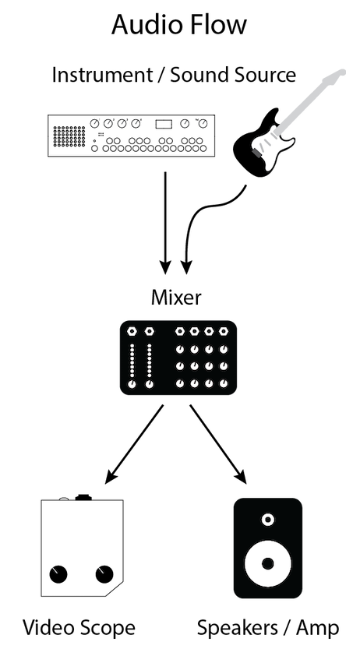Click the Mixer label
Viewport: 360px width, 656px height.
point(178,297)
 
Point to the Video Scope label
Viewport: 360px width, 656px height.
point(79,628)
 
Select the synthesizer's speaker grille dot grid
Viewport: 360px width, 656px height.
point(69,136)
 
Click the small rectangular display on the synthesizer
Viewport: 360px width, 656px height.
point(163,124)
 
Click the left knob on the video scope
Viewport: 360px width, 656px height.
point(58,575)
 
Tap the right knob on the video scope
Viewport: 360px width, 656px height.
point(104,575)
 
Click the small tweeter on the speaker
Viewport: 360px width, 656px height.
point(268,520)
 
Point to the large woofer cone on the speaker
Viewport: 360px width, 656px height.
point(268,563)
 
